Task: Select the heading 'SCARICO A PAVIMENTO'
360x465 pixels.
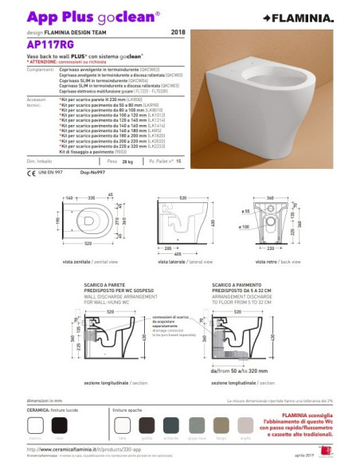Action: [x=239, y=283]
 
